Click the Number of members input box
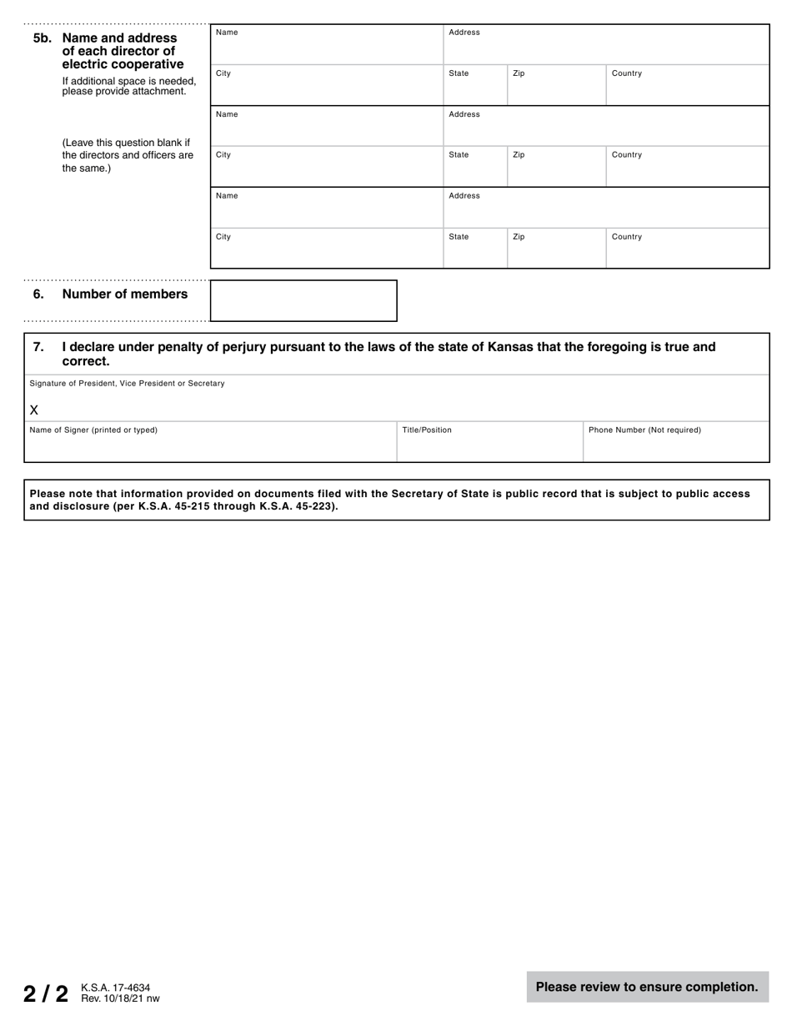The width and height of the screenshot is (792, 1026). (303, 300)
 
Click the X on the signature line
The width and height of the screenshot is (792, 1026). (34, 410)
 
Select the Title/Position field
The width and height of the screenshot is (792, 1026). (489, 442)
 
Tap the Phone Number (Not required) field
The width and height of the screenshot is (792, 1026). (675, 442)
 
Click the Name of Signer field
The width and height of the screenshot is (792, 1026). (210, 442)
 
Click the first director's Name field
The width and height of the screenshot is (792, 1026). (326, 44)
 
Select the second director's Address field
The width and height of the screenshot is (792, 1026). (605, 126)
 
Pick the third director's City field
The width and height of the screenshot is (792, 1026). (326, 249)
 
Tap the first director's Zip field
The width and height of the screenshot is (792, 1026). (556, 85)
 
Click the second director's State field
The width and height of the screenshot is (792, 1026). (474, 167)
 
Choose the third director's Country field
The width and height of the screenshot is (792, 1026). (687, 249)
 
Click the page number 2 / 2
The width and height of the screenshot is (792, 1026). (46, 993)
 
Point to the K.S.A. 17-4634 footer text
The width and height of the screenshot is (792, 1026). (116, 988)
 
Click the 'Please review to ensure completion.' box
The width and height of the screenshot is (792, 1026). (647, 987)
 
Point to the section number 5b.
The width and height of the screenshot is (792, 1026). (42, 38)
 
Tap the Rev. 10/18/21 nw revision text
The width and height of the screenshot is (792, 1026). (120, 998)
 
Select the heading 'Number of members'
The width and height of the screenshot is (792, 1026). (125, 294)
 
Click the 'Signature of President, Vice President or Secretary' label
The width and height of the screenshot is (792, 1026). (127, 384)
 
